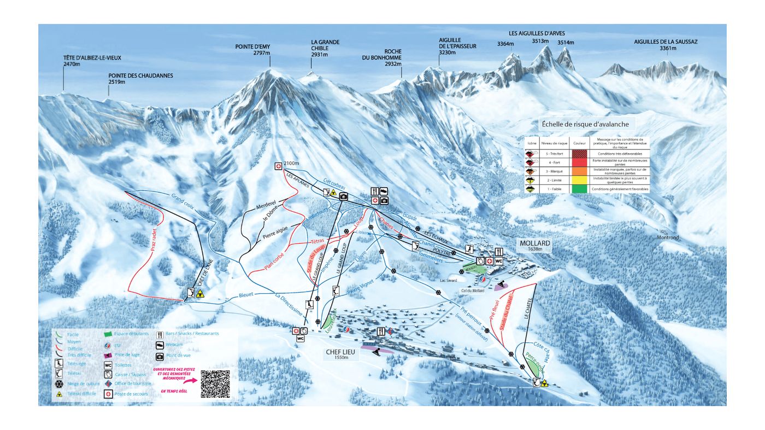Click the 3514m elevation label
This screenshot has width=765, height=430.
coord(566,43)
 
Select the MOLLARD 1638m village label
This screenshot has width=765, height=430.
coord(535,245)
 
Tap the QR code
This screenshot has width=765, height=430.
coord(215,383)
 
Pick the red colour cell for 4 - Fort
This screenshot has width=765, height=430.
coord(579,162)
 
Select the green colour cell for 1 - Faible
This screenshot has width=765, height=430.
coord(579,189)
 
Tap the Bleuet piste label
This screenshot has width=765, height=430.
coord(246,295)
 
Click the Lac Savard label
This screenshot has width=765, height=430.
coord(448,280)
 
